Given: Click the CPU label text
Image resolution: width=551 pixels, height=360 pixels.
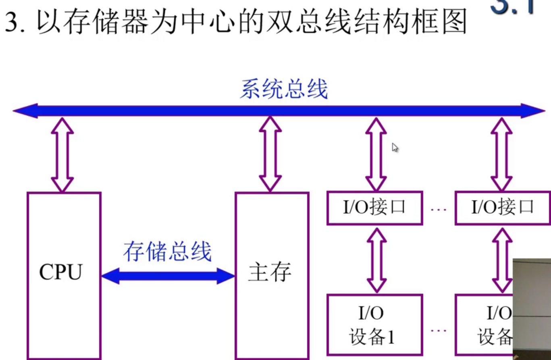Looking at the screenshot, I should (x=60, y=272).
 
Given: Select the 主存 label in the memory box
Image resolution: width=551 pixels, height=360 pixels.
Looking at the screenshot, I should (x=270, y=272).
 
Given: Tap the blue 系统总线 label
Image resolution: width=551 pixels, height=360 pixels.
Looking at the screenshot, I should (x=284, y=89).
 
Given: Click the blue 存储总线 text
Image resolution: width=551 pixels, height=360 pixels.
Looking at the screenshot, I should (x=167, y=252).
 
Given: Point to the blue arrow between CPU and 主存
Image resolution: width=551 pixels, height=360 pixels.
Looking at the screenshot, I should (x=167, y=276).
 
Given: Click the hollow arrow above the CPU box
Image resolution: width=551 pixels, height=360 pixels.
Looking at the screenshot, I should (x=62, y=155).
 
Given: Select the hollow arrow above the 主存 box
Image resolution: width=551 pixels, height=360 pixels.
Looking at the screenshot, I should (x=270, y=154).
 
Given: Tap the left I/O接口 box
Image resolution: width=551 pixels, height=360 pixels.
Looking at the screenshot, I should (x=374, y=208).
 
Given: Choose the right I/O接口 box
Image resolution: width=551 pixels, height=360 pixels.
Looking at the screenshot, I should (x=503, y=208).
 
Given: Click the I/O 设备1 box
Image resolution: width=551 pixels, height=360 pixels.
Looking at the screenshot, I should (x=374, y=325).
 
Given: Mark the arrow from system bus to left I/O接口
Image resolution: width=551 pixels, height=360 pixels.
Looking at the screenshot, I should (x=376, y=154).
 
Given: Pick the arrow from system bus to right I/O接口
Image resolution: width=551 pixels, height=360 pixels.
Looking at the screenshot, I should (x=501, y=154).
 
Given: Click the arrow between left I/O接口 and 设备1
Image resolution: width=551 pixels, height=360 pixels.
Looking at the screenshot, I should (x=377, y=260).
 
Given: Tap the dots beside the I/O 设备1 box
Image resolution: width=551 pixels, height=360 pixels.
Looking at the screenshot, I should (x=439, y=331).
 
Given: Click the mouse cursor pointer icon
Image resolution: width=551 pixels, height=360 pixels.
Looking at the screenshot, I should (x=395, y=148).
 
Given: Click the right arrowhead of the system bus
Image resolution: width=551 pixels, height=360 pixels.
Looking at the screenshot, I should (x=534, y=111).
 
